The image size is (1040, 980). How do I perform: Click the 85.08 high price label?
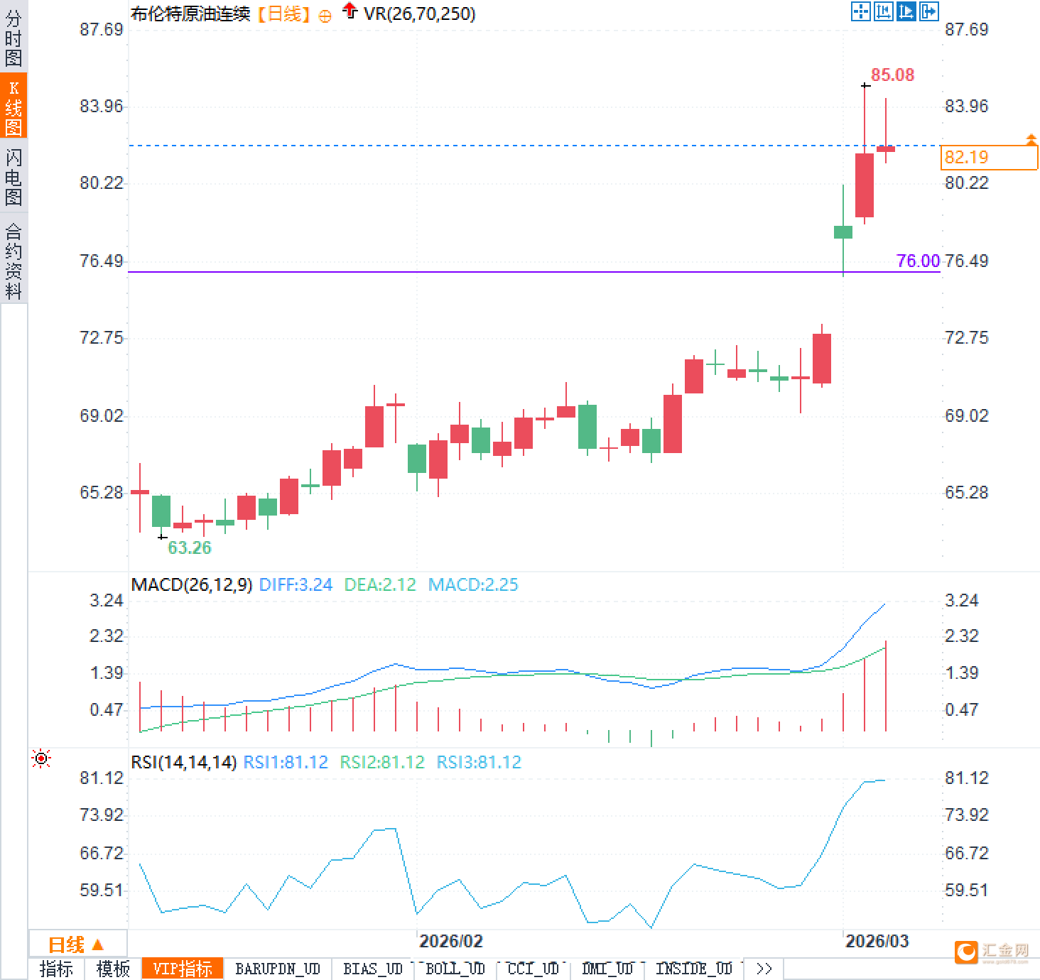(x=892, y=75)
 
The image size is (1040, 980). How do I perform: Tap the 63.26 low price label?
(x=189, y=548)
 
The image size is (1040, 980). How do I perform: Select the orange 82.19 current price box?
(x=988, y=157)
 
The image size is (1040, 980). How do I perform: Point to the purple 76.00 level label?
(x=918, y=261)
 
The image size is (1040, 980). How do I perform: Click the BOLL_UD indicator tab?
(x=455, y=969)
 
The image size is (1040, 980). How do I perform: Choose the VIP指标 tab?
(x=183, y=969)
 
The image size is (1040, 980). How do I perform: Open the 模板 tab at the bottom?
(x=113, y=969)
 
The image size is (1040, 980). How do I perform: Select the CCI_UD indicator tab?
(x=533, y=969)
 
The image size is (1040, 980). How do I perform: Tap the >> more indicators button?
(x=764, y=969)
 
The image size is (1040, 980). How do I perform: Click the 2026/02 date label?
(x=450, y=941)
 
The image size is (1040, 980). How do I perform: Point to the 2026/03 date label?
(x=877, y=941)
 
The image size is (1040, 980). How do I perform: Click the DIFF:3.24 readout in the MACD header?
(x=296, y=584)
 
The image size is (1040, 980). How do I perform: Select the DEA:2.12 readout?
(x=380, y=584)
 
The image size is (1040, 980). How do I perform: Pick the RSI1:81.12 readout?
(x=286, y=762)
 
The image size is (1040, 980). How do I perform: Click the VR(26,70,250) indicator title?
(x=419, y=13)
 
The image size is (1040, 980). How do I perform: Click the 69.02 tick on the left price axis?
(x=101, y=415)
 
